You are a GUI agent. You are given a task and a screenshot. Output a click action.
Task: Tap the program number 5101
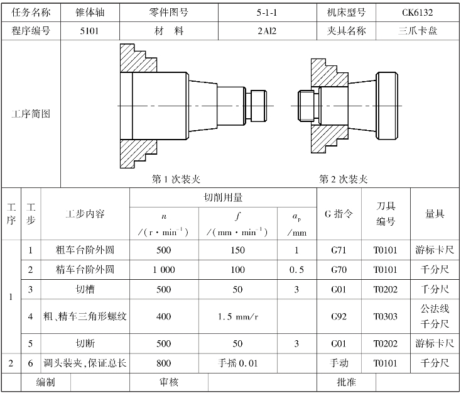[x=90, y=30]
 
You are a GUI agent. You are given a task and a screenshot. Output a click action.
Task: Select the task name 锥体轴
[x=90, y=12]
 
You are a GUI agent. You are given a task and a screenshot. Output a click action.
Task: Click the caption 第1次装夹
[x=176, y=179]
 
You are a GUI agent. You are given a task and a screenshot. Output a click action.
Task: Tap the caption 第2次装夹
[x=343, y=179]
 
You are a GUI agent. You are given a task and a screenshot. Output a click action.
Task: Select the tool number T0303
[x=386, y=316]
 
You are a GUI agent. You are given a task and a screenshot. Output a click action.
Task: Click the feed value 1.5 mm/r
[x=238, y=316]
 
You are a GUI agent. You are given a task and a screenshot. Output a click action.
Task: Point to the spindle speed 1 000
[x=163, y=270]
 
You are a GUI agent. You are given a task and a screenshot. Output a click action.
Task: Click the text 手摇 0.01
[x=238, y=363]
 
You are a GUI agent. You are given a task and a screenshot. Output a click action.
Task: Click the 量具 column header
[x=435, y=214]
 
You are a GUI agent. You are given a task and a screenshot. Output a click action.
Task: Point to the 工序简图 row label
[x=31, y=114]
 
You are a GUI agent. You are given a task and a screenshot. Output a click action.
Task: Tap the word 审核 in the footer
[x=170, y=382]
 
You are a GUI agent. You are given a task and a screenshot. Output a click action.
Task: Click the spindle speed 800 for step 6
[x=163, y=363]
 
